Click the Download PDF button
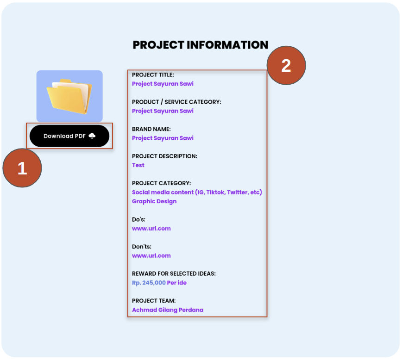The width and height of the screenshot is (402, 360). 69,136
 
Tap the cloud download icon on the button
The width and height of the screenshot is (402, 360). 92,136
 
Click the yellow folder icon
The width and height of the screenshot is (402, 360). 69,96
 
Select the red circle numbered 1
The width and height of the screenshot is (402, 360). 22,168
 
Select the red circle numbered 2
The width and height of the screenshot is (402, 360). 286,65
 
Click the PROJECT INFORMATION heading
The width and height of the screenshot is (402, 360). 201,45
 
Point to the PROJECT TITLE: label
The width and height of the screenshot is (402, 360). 153,74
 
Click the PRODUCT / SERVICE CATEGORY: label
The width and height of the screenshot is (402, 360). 176,102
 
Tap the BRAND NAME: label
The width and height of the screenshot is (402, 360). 151,129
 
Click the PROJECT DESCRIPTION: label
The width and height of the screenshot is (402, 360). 164,156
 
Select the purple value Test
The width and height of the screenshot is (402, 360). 138,165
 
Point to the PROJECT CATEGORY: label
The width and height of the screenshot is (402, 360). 161,183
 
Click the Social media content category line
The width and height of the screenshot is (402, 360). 197,192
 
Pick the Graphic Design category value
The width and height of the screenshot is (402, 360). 154,201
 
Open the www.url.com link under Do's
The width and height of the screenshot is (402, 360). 151,228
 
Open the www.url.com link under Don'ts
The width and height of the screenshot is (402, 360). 151,255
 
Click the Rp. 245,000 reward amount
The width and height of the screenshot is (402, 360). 149,283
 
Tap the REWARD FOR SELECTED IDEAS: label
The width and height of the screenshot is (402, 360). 174,273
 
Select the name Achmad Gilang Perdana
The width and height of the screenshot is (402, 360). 168,310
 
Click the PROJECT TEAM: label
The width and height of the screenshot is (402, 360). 154,301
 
